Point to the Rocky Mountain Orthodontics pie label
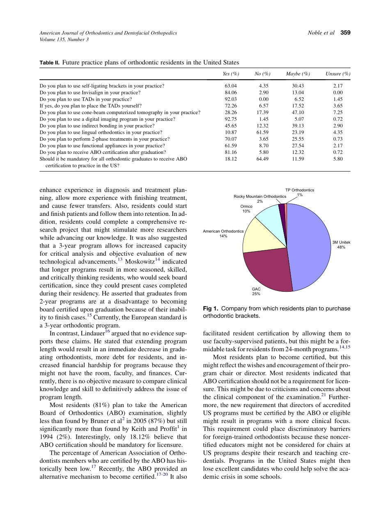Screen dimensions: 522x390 click(x=260, y=197)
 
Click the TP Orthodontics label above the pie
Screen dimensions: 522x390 click(x=300, y=190)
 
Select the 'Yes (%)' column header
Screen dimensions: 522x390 click(x=231, y=74)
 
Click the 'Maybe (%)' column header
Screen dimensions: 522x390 click(x=298, y=74)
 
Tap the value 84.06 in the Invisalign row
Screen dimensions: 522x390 click(x=231, y=93)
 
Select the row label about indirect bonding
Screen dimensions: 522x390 click(x=97, y=126)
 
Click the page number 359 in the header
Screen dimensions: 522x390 click(x=345, y=33)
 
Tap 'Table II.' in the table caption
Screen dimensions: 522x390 click(x=49, y=63)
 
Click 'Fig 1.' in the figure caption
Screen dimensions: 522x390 click(x=211, y=309)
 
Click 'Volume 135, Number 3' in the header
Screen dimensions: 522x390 click(x=64, y=39)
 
